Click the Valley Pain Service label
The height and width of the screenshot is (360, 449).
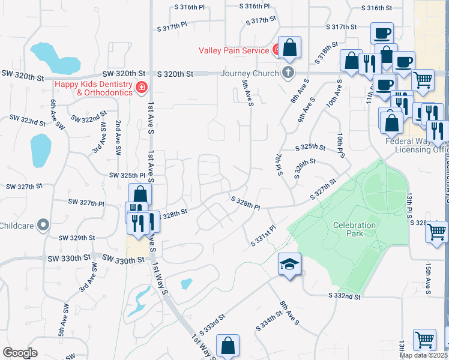[x=234, y=50]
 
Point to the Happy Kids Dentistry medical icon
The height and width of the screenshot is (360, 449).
[x=142, y=88]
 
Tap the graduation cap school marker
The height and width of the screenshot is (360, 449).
[x=289, y=264]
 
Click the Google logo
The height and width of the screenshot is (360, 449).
[x=20, y=353]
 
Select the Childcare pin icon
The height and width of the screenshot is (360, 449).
[x=43, y=226]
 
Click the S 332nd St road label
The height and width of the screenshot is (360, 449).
[x=345, y=296]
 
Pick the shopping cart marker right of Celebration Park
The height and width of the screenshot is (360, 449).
[x=436, y=231]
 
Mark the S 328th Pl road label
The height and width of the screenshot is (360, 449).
[x=246, y=203]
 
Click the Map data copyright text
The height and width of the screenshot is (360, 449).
[x=424, y=355]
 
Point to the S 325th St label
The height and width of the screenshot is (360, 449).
[x=310, y=147]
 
